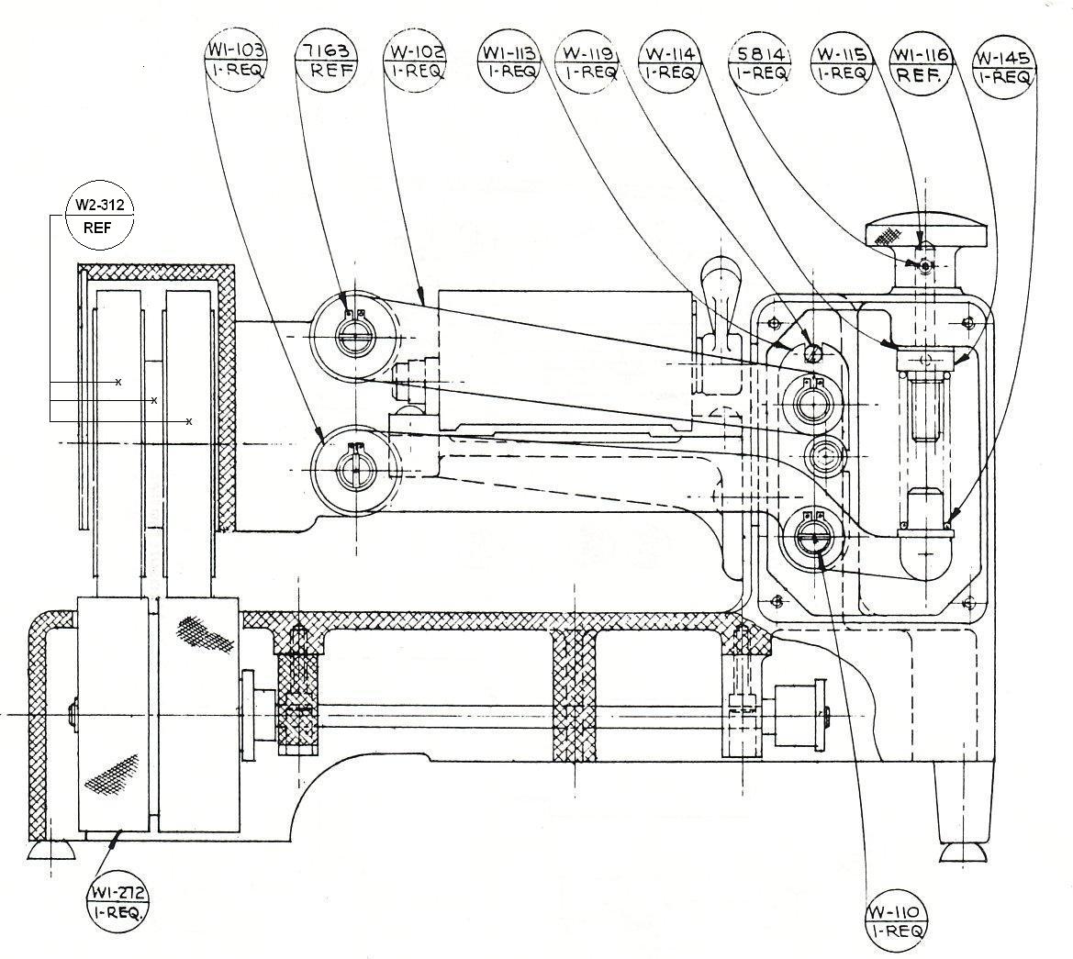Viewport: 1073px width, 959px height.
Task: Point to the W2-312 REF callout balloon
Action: coord(99,216)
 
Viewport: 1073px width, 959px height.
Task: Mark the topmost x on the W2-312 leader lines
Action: coord(118,382)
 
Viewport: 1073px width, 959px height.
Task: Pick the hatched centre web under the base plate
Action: coord(574,697)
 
